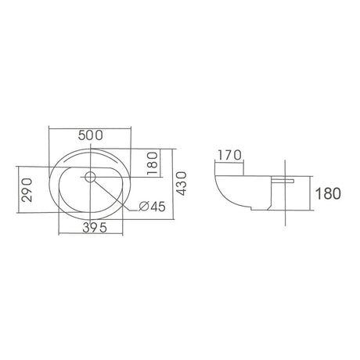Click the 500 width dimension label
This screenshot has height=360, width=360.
click(91, 135)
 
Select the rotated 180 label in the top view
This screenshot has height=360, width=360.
click(153, 164)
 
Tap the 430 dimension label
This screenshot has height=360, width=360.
click(182, 183)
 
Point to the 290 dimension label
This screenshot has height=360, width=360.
click(27, 189)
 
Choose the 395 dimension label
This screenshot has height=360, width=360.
click(95, 228)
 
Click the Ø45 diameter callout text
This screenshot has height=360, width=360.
click(152, 207)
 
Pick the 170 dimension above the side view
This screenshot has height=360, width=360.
click(229, 156)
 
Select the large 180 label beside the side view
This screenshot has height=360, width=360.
click(328, 193)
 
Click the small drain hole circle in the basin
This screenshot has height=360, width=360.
click(90, 177)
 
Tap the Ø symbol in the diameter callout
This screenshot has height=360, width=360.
click(144, 207)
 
